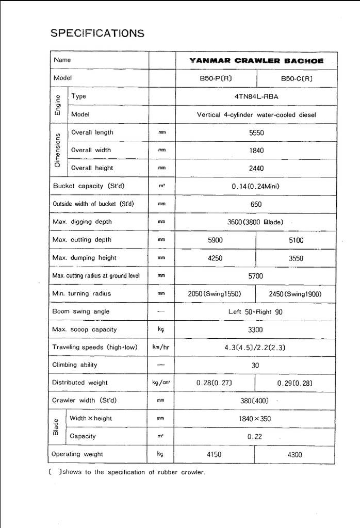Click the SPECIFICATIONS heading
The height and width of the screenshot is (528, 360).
coord(97,33)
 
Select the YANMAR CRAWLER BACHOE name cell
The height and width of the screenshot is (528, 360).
coord(256,60)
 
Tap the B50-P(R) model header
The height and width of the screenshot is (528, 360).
coord(216,78)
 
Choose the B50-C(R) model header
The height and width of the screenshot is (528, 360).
coord(297,78)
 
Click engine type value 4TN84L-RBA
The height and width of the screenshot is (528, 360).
coord(256,96)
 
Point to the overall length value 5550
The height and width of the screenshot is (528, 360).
coord(256,133)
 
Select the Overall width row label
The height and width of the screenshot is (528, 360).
coord(92,150)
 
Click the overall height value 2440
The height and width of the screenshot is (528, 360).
coord(256,168)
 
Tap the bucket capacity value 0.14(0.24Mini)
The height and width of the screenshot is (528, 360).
coord(256,186)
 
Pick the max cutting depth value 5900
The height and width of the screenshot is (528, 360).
coord(215,240)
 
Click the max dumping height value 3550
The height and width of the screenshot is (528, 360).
coord(296,258)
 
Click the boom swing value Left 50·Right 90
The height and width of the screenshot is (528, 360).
coord(255,311)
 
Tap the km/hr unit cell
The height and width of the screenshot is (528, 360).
coord(161,347)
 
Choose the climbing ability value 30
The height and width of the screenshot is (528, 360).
coord(255,365)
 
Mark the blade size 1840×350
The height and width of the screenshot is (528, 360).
coord(255,419)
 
